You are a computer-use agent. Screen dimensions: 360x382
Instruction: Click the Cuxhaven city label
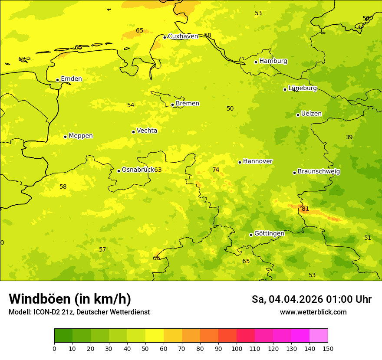tap(183, 36)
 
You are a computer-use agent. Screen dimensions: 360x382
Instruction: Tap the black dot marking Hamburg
tap(256, 62)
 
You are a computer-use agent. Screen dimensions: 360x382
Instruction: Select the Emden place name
tap(71, 79)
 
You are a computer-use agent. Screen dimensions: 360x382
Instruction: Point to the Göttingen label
tap(269, 234)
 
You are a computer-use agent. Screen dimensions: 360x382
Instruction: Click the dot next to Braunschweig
tap(294, 173)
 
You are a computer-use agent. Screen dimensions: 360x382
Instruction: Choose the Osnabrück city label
tap(138, 170)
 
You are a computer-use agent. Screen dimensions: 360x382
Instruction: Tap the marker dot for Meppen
tap(65, 137)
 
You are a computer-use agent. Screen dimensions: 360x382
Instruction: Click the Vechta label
tap(147, 131)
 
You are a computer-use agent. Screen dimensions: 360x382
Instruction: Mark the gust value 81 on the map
tap(305, 209)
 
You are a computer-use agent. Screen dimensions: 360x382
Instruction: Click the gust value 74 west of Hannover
tap(216, 170)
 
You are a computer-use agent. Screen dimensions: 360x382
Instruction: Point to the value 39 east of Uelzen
tap(349, 137)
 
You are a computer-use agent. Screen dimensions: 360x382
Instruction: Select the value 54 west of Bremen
tap(131, 105)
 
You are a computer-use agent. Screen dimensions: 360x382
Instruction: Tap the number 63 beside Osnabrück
tap(158, 170)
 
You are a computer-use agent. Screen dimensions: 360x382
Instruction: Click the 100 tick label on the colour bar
tap(237, 348)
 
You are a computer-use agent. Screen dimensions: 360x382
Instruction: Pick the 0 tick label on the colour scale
tap(54, 348)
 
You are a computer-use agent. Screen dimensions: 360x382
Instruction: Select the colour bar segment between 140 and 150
tap(319, 336)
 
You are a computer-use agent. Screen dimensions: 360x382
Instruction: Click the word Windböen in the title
tap(40, 299)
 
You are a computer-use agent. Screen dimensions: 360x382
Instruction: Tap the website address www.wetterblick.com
tap(313, 312)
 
